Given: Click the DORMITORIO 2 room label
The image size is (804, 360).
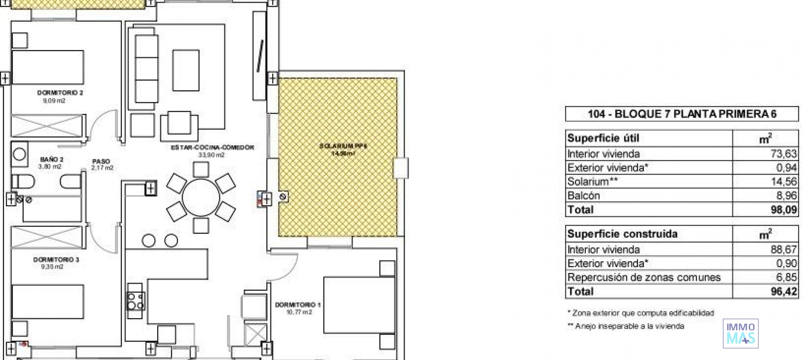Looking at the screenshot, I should coord(60,93).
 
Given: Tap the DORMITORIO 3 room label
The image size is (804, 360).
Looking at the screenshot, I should coord(56,260).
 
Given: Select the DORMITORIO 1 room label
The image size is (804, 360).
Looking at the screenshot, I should coord(298,305).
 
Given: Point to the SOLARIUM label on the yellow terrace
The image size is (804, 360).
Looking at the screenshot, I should coord(343,147).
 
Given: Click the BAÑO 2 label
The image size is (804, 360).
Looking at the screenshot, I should coord(52,159).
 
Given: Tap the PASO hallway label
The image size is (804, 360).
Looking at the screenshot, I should coord(101,161).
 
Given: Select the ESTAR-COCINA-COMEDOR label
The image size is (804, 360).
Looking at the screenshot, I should coord(212,147).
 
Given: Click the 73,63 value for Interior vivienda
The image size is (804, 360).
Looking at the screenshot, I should coord(783,154).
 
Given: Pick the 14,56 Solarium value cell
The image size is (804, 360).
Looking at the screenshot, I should coord(783,182).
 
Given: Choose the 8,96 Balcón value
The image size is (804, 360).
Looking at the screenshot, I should coord(785,195).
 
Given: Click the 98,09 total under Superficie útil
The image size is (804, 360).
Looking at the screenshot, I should coord(783,210).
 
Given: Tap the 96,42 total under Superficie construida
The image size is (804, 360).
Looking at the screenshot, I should coord(783,291).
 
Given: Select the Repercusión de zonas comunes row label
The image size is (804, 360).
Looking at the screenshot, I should coord(644,278).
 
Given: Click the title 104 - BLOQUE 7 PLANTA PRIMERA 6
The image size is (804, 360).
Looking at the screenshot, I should coord(681,114).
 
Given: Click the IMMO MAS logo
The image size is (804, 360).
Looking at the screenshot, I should coord(740,334).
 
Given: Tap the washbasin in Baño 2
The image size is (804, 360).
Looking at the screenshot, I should coord(19,154).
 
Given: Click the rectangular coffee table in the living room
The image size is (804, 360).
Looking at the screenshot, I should coord(186,70).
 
